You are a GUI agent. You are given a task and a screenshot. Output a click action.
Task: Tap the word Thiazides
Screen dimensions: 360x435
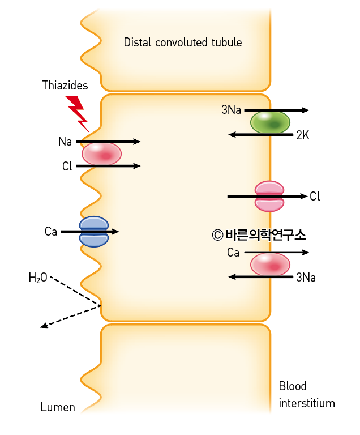pos(65,85)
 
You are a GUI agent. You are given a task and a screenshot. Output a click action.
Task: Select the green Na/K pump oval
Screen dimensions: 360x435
pos(270,122)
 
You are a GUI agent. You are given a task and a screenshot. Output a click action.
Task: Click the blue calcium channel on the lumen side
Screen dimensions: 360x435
pos(94,232)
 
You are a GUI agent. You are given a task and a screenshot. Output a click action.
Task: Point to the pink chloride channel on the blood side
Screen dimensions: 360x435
pos(269,196)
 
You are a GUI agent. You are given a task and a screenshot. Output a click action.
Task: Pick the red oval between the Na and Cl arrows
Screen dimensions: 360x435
pos(101,154)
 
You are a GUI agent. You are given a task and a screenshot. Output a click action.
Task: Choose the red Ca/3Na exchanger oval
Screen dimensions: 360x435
pos(270,265)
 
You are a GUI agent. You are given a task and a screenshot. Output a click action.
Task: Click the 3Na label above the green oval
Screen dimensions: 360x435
pos(231,110)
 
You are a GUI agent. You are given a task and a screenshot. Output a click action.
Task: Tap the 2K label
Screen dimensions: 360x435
pos(303,135)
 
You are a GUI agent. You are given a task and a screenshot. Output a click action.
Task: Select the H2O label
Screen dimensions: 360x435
pos(38,278)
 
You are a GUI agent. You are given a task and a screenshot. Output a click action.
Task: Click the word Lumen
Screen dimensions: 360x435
pos(58,407)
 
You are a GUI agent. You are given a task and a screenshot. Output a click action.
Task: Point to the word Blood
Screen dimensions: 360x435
pos(293,386)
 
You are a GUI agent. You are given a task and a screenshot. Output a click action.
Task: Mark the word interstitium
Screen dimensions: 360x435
pos(307,403)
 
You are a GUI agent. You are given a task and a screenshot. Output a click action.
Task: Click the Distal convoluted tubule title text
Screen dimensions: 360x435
pos(182,42)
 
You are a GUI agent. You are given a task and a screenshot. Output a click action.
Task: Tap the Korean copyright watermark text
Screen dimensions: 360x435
pos(259,235)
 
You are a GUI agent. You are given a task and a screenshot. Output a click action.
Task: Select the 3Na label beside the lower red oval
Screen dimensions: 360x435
pos(306,278)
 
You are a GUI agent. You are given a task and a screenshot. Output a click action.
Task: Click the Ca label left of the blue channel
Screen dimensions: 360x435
pos(51,231)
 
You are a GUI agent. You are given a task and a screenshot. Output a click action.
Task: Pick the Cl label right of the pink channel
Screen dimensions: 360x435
pos(315,196)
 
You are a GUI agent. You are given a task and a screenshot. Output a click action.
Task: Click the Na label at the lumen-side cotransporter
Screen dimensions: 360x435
pos(65,142)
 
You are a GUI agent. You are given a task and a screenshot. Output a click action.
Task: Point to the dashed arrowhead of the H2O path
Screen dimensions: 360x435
pos(44,325)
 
